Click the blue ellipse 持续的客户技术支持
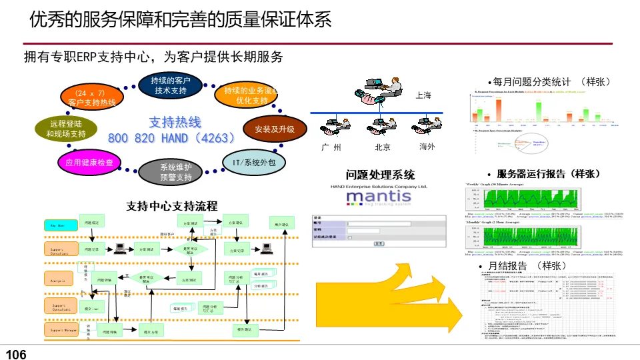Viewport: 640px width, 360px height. (171, 85)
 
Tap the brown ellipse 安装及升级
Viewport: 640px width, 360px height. (274, 129)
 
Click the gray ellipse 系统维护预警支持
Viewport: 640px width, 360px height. (175, 172)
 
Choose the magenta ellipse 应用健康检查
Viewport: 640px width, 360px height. (89, 162)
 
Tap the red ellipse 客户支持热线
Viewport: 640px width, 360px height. (91, 97)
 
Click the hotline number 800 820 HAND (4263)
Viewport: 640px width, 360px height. (172, 138)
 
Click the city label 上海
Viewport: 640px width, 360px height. (423, 95)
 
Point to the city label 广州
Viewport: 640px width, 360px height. (331, 147)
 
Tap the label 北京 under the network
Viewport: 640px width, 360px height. (382, 147)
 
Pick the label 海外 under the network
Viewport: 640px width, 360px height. (427, 147)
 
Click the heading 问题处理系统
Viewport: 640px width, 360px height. (380, 175)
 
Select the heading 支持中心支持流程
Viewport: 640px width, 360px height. (172, 206)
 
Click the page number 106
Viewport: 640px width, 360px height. (16, 355)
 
